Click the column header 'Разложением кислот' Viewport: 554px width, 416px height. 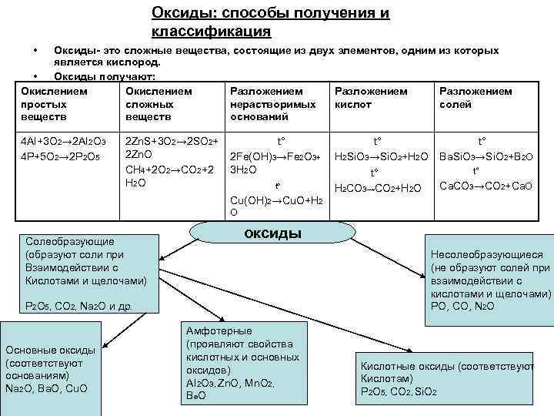pyautogui.click(x=371, y=97)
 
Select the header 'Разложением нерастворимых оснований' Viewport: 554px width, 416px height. pyautogui.click(x=272, y=103)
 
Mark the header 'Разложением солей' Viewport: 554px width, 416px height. pyautogui.click(x=475, y=97)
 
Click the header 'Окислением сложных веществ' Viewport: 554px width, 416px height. pyautogui.click(x=158, y=103)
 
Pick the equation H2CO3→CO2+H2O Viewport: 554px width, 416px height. pyautogui.click(x=376, y=188)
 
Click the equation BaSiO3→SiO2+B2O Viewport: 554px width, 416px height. pyautogui.click(x=484, y=156)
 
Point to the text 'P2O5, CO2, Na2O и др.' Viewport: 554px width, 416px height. pyautogui.click(x=78, y=306)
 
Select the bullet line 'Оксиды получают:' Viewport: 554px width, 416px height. pyautogui.click(x=105, y=76)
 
